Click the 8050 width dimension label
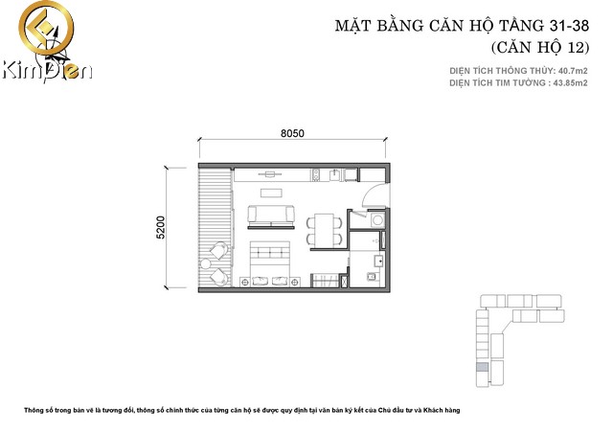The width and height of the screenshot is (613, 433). click(292, 133)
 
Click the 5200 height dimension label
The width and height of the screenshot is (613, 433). click(160, 227)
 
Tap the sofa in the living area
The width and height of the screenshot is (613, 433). click(271, 216)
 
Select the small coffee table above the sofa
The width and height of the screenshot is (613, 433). click(271, 194)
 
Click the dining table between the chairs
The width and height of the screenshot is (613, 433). click(325, 230)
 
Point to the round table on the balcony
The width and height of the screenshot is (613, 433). click(206, 264)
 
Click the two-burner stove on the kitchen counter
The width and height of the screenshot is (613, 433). click(316, 175)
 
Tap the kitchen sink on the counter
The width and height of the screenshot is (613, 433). click(335, 175)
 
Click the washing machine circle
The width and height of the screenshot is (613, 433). click(377, 220)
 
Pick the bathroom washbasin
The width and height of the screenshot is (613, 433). click(378, 261)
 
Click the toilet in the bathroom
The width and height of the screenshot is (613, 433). click(372, 277)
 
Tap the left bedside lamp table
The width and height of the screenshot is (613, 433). click(245, 282)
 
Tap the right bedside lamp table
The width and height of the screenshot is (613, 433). click(295, 282)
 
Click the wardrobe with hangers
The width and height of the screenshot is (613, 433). click(325, 281)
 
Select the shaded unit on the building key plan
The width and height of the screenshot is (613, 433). click(483, 367)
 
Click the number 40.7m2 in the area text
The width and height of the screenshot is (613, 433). click(573, 71)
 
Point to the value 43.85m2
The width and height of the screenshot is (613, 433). click(573, 83)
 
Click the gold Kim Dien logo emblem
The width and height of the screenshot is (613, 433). click(46, 28)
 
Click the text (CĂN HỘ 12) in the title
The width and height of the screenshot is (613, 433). click(540, 47)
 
